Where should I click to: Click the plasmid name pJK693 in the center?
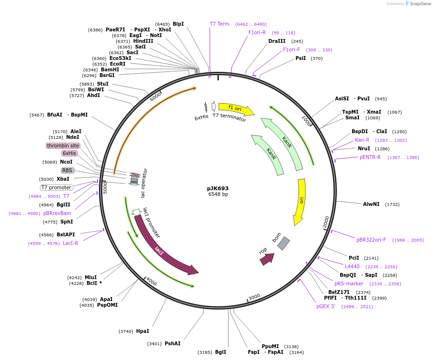click(x=217, y=188)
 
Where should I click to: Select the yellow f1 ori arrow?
click(x=236, y=109)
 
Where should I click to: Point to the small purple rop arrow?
click(x=267, y=259)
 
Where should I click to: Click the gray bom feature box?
click(x=284, y=243)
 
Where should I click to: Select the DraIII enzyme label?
click(x=277, y=41)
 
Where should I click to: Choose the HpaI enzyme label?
click(x=142, y=331)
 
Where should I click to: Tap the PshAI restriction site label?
click(x=172, y=343)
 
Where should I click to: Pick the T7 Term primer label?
click(x=219, y=24)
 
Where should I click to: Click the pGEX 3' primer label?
click(x=326, y=306)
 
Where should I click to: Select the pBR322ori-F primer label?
click(x=371, y=240)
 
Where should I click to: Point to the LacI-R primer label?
click(x=70, y=243)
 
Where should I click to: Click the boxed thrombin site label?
click(x=63, y=146)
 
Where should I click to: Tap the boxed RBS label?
click(x=68, y=170)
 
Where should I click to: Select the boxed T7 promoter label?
click(x=57, y=187)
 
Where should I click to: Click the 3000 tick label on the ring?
click(x=254, y=297)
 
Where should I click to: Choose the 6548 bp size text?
click(x=218, y=194)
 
